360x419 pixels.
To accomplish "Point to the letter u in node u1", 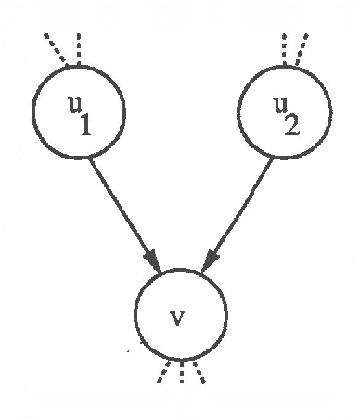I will [x=70, y=101].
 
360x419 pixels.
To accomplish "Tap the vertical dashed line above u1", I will [x=79, y=47].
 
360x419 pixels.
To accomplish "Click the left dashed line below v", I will [x=163, y=373].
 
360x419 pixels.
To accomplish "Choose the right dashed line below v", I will [x=199, y=373].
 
